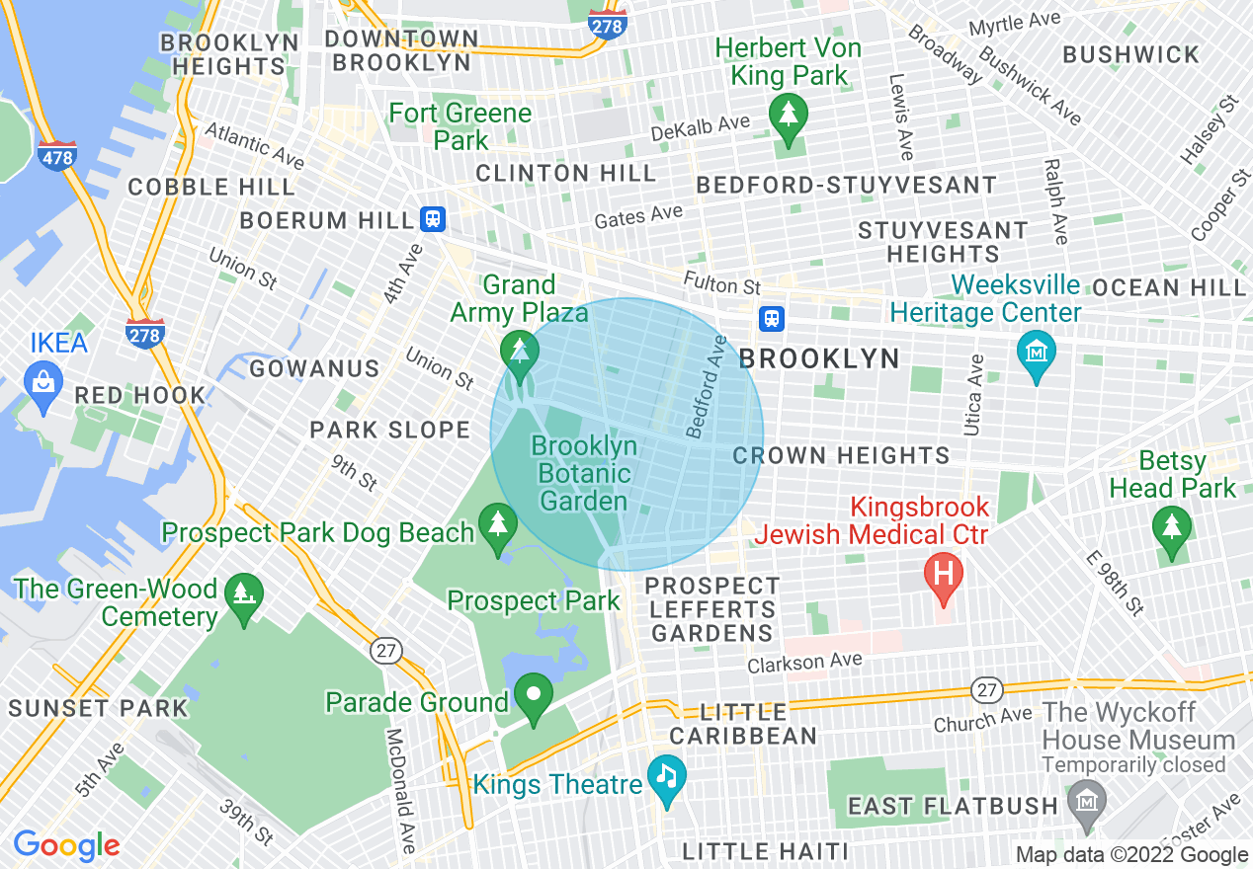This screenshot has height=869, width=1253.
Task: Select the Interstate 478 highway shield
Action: (x=57, y=156)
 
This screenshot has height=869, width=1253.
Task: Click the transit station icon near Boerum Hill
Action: (x=433, y=219)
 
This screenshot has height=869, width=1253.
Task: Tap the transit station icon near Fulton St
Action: (x=772, y=318)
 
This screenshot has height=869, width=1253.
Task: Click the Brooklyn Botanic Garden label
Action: (x=583, y=473)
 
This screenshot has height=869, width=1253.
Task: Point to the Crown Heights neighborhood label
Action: (x=841, y=455)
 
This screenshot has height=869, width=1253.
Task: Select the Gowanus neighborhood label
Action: (x=314, y=368)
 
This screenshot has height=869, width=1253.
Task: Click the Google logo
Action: (x=65, y=845)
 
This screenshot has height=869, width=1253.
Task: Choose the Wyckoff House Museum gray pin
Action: (x=1087, y=796)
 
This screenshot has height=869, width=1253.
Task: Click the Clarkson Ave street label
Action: (x=804, y=664)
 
